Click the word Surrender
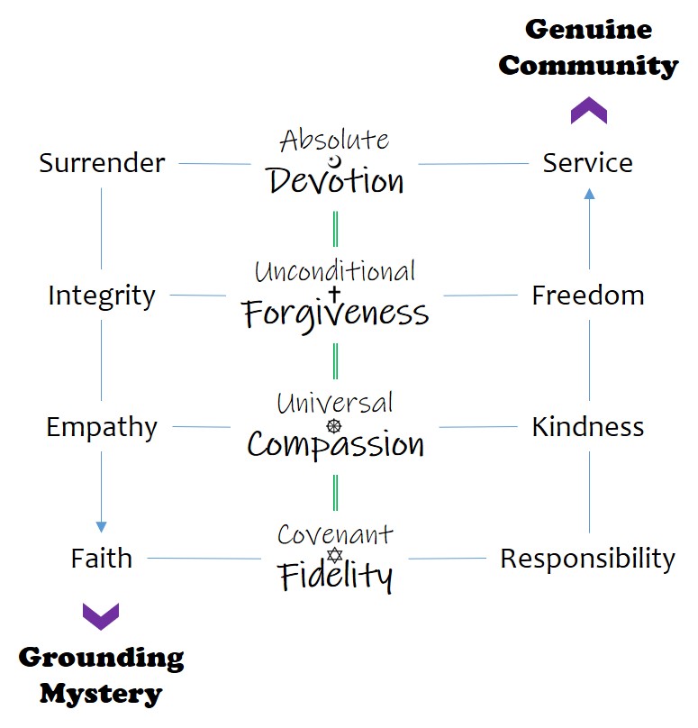tap(102, 163)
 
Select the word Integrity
tap(102, 296)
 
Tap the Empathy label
tap(102, 427)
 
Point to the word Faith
tap(102, 559)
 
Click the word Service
tap(588, 163)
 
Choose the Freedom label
tap(588, 296)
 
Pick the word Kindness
tap(588, 427)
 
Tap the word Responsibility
tap(588, 559)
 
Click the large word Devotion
tap(336, 181)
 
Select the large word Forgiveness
tap(336, 314)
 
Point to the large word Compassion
tap(336, 445)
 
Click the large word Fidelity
tap(336, 577)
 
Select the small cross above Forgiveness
tap(335, 294)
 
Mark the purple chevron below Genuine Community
tap(589, 112)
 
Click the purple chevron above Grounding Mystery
tap(101, 616)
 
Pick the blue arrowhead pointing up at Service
tap(589, 193)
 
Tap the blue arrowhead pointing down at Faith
tap(101, 525)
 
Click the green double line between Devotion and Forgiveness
tap(336, 229)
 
